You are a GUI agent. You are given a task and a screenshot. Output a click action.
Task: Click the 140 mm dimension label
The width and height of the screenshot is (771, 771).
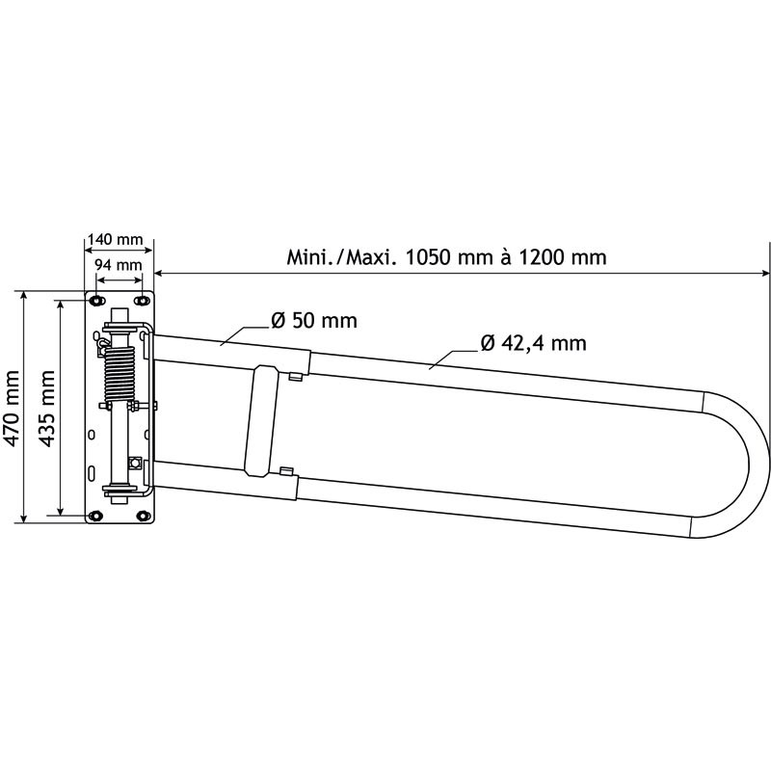(x=115, y=239)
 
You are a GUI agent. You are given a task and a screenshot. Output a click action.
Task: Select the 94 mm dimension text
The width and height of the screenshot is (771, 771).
(x=117, y=264)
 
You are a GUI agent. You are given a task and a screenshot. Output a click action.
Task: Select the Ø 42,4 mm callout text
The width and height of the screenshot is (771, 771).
(x=532, y=342)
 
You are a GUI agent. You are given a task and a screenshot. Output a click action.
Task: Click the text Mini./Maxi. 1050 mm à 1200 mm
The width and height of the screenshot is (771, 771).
(x=446, y=257)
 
